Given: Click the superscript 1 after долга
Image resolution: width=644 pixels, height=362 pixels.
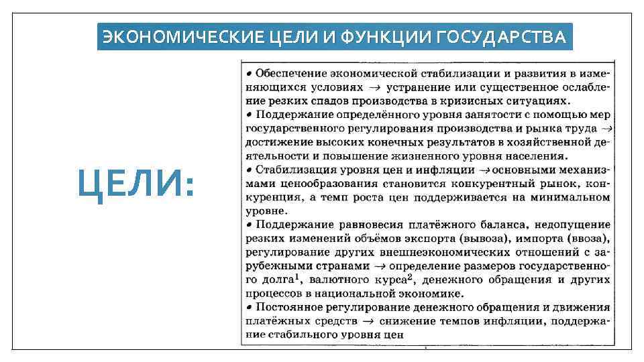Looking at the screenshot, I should point(295,276).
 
